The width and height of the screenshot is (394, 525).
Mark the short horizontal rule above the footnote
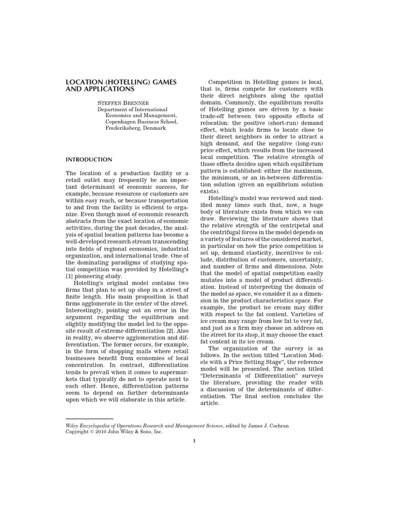(x=90, y=419)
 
